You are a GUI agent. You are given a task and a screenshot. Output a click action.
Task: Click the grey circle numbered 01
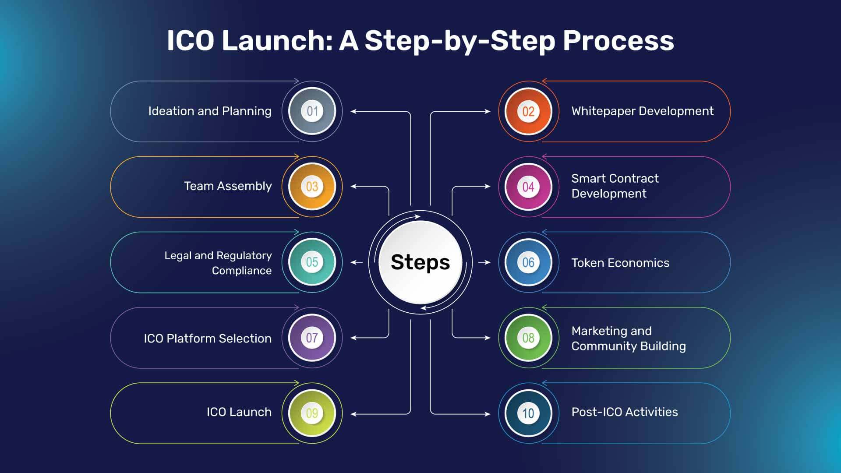312,111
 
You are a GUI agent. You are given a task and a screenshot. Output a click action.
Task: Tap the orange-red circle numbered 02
528,111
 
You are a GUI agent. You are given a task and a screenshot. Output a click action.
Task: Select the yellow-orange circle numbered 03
312,187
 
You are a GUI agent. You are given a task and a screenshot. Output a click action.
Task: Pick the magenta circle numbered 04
528,187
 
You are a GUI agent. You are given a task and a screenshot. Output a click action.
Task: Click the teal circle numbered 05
312,262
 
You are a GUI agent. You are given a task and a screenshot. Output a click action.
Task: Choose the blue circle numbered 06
528,262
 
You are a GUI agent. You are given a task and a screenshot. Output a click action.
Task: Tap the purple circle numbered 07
312,338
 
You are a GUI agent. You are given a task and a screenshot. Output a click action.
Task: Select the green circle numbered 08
528,338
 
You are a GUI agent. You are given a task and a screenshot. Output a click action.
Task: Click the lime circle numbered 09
312,413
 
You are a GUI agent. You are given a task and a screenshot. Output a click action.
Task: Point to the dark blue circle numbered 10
528,413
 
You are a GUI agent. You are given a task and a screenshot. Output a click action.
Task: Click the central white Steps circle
420,262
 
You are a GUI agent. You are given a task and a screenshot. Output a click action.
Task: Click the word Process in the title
618,41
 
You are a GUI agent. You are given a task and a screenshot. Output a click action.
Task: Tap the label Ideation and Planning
210,111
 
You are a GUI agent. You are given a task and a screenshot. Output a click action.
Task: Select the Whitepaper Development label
642,111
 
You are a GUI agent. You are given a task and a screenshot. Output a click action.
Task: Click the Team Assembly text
228,186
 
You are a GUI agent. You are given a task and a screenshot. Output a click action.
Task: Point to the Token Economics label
620,263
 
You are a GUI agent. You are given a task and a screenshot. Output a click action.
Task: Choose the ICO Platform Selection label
208,339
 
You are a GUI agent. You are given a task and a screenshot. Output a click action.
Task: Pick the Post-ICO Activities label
625,412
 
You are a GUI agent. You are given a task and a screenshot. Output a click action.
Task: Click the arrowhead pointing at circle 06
488,262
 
